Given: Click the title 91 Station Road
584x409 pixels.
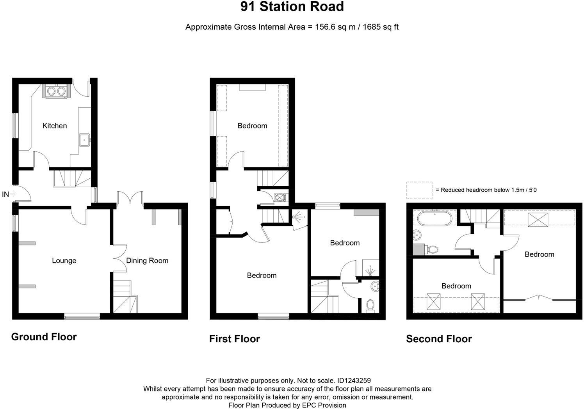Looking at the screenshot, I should click(292, 7).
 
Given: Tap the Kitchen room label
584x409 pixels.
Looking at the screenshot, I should click(55, 126).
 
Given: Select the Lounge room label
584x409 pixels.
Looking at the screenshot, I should click(64, 261).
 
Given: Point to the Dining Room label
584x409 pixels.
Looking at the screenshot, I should click(147, 261).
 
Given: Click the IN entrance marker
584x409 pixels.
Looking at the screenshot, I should click(6, 194).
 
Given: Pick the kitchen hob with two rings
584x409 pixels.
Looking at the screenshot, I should click(55, 91).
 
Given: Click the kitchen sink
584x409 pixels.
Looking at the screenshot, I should click(84, 139).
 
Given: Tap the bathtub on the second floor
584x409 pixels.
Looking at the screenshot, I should click(436, 218).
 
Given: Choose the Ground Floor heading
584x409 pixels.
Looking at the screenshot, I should click(44, 337).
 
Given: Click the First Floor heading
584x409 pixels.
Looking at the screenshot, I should click(234, 339).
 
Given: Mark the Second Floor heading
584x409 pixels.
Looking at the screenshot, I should click(439, 339).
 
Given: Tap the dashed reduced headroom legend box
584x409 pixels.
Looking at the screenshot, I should click(419, 190).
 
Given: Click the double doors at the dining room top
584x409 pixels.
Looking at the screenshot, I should click(130, 198).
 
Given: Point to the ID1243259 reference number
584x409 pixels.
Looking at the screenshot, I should click(354, 381).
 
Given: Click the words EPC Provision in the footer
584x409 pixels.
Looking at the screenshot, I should click(324, 405).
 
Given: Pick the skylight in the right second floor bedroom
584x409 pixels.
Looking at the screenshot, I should click(538, 219).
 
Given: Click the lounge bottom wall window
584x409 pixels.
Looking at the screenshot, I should click(82, 316).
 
